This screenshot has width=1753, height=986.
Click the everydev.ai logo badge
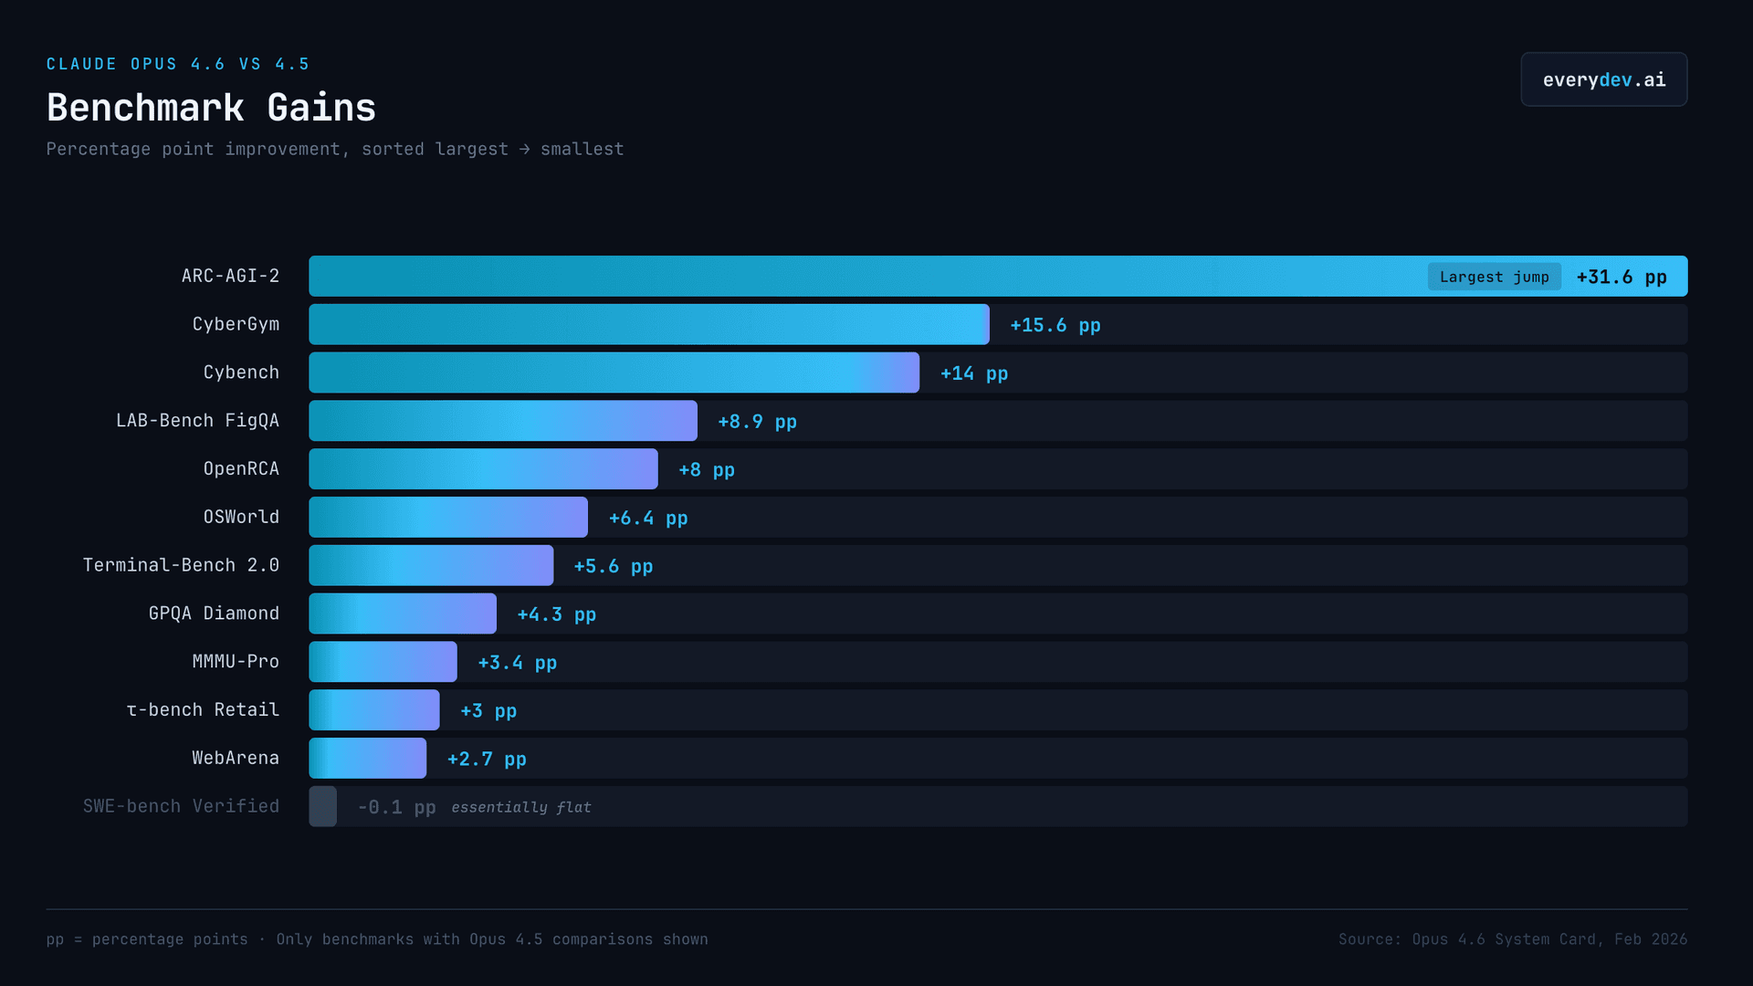click(x=1603, y=79)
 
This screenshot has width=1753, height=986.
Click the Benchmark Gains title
click(x=211, y=108)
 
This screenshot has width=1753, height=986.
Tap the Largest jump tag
click(x=1494, y=277)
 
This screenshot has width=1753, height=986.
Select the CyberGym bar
click(x=648, y=324)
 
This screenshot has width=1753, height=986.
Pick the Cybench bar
click(x=614, y=372)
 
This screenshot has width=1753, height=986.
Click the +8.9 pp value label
click(x=757, y=422)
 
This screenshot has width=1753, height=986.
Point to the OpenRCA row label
click(x=241, y=468)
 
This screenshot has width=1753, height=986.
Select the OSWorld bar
click(x=448, y=517)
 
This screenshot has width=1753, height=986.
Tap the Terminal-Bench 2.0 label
click(x=181, y=565)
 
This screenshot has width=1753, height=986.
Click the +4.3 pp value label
click(x=556, y=614)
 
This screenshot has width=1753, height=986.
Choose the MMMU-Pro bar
click(x=383, y=662)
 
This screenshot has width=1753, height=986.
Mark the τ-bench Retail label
click(x=203, y=709)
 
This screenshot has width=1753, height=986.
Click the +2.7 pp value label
click(x=487, y=759)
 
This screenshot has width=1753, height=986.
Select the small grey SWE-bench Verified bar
click(x=323, y=806)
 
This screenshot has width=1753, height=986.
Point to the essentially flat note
click(x=521, y=807)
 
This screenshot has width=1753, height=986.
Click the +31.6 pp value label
click(x=1622, y=277)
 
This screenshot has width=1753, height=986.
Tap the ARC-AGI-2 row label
click(x=230, y=276)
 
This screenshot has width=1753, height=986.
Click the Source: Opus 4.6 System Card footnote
click(x=1512, y=939)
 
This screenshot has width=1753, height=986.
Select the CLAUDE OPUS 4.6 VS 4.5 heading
click(x=178, y=64)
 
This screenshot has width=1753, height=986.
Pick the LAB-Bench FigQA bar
click(x=503, y=421)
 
